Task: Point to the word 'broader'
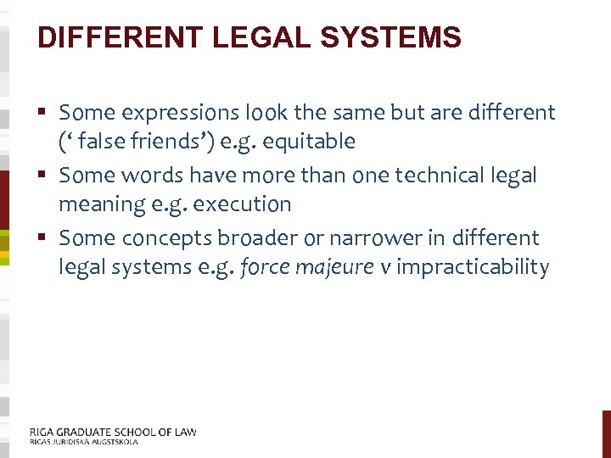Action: (x=254, y=238)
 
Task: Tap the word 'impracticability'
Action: (x=473, y=267)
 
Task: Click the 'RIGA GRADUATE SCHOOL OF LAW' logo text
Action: (x=113, y=432)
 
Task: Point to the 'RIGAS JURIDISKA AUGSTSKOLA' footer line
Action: (x=83, y=442)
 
